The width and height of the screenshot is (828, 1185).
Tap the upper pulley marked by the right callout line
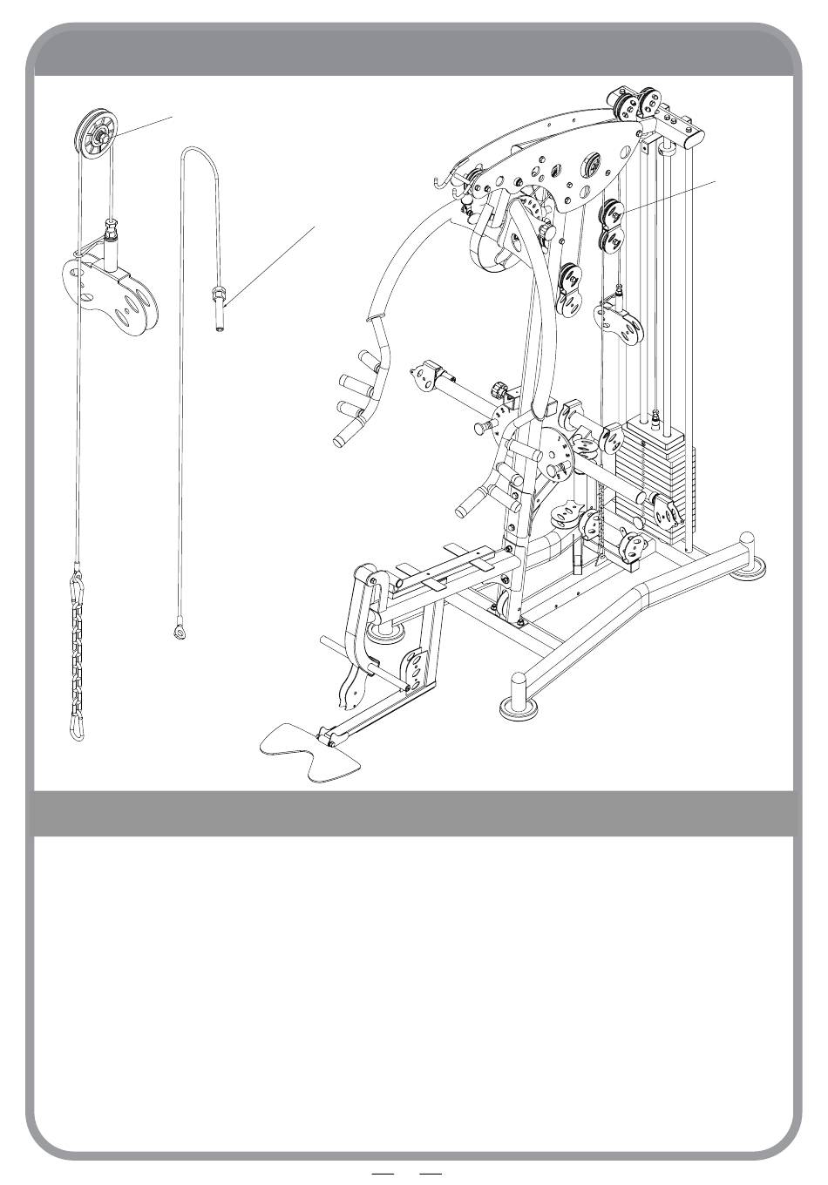click(x=614, y=213)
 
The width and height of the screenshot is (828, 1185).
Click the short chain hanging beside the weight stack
click(x=602, y=514)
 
